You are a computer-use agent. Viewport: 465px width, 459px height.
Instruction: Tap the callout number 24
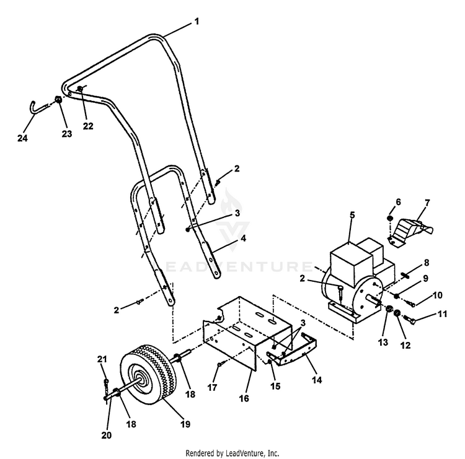point(22,138)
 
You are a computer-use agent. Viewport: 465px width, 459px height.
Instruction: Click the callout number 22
point(88,126)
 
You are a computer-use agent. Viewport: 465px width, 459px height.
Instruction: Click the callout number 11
point(441,315)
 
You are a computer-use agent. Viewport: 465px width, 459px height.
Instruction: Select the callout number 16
point(244,398)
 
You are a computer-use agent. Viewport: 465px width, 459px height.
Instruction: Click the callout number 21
point(102,359)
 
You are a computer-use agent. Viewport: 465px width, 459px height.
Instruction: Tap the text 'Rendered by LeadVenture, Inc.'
point(232,453)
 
